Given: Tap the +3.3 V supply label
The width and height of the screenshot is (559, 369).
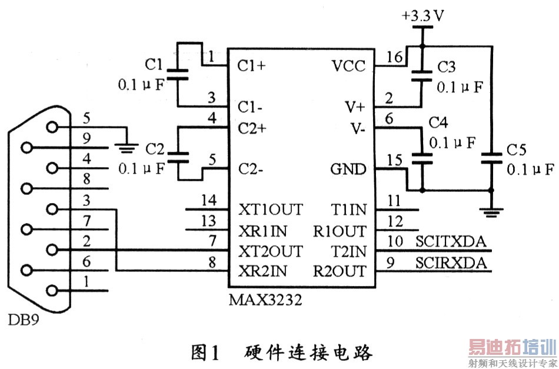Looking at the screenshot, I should [x=423, y=16].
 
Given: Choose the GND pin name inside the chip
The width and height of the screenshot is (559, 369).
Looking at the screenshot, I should [x=349, y=170].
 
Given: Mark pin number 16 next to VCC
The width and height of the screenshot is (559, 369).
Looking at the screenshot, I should [x=394, y=56].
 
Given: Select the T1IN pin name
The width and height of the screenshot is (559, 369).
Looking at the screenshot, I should [x=348, y=210].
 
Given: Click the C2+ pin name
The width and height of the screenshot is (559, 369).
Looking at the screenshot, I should [x=253, y=128].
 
